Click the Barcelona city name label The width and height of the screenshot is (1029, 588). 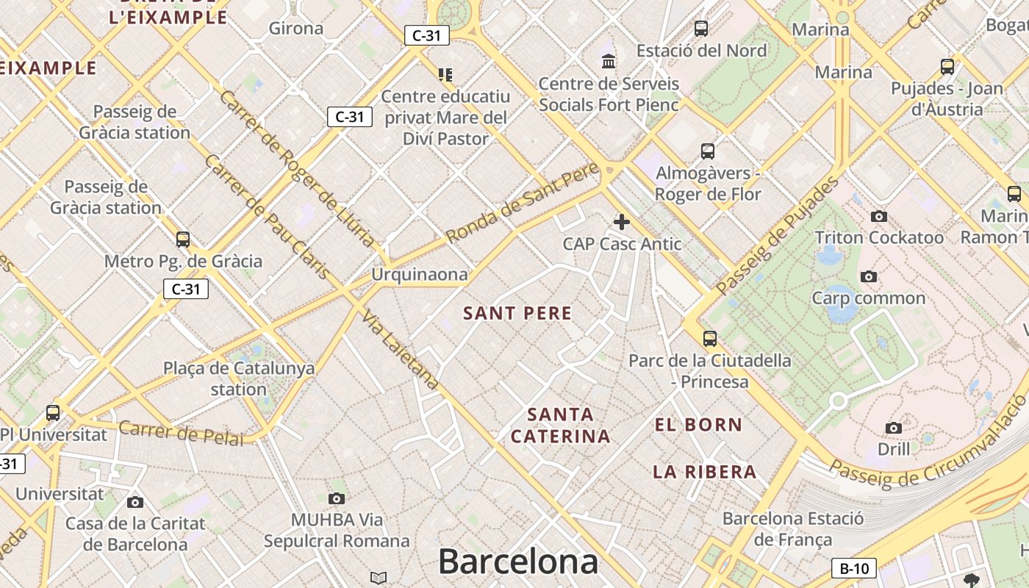click(x=518, y=562)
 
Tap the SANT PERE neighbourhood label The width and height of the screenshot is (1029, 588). click(x=517, y=313)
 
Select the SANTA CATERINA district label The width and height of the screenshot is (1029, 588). click(x=560, y=426)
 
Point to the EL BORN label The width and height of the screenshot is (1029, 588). click(x=698, y=425)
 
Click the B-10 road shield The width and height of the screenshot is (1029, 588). click(x=854, y=568)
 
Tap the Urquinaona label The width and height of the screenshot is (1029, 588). click(x=419, y=274)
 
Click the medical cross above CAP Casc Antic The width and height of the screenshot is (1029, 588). click(x=622, y=221)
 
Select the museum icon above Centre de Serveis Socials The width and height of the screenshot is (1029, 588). click(x=609, y=62)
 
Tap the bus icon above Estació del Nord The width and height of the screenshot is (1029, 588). click(x=701, y=29)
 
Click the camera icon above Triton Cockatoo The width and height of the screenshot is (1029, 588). click(x=878, y=216)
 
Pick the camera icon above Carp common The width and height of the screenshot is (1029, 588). click(x=869, y=277)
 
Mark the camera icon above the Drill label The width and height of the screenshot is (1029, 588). click(x=894, y=428)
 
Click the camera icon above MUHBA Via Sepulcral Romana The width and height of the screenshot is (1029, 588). click(x=337, y=499)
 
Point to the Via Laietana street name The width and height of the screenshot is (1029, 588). click(x=401, y=349)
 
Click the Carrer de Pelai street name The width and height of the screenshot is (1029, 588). click(x=181, y=433)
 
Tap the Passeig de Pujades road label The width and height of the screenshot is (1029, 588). click(x=778, y=235)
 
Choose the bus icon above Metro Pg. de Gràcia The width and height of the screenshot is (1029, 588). click(x=183, y=240)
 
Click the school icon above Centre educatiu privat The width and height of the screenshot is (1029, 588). click(x=445, y=74)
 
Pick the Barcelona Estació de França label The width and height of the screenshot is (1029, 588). click(x=793, y=528)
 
